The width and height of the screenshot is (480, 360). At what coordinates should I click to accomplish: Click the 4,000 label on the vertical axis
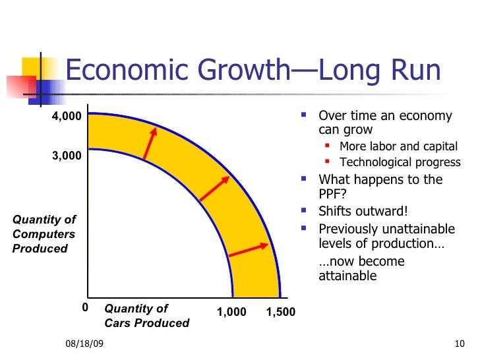point(67,116)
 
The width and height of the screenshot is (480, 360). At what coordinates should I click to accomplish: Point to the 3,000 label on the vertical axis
point(67,156)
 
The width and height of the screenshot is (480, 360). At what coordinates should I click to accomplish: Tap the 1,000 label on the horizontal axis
point(231,312)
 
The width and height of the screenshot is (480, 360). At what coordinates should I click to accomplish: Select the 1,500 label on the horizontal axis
point(281,312)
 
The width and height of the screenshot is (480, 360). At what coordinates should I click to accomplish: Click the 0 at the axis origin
point(85,307)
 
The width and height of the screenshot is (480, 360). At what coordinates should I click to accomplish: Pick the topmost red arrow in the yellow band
point(150,143)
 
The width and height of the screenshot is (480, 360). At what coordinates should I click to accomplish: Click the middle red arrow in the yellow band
point(214,189)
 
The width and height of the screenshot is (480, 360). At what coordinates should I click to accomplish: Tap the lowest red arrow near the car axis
point(249,249)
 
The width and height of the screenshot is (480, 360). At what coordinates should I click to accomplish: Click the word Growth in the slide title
point(244,70)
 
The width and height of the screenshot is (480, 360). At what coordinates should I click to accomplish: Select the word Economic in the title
point(127,70)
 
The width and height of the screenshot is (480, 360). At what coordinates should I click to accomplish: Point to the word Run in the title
point(415,70)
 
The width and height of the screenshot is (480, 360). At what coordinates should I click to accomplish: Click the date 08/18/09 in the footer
point(84,344)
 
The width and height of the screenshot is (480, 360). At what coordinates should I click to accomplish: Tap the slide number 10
point(460,344)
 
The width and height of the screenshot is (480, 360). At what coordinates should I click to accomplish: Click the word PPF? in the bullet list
point(332,194)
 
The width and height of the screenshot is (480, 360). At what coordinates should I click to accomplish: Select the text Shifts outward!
point(363,211)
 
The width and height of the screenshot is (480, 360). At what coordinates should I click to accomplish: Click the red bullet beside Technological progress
point(327,161)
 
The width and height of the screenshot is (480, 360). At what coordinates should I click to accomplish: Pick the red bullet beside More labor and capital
point(327,146)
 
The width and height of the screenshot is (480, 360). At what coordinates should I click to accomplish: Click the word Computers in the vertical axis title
point(44,234)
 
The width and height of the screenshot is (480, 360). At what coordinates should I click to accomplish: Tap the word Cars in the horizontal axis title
point(117,323)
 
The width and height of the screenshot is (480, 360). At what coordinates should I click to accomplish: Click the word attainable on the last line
point(347,276)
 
